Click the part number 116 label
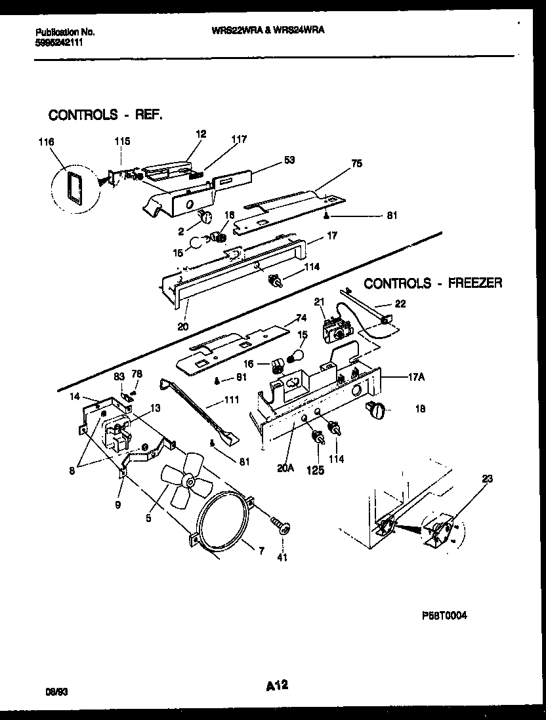(47, 142)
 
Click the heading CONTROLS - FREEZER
(433, 283)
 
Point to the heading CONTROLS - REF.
(105, 115)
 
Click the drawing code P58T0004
(444, 616)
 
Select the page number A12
(278, 686)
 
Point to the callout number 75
(356, 164)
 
